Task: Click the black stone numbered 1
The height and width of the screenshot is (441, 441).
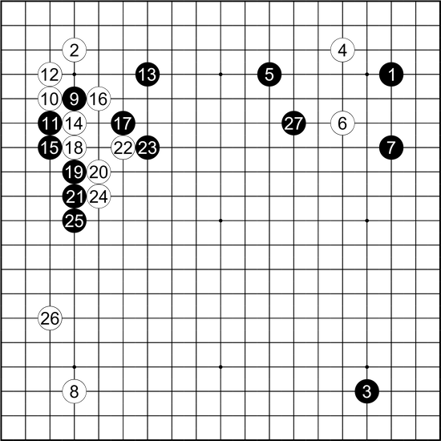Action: click(391, 75)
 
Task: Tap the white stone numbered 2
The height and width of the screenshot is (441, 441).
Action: click(75, 50)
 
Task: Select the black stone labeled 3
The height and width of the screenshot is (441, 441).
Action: click(366, 391)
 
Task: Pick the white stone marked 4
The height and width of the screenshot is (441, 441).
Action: click(342, 50)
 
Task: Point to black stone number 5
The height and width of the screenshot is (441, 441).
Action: click(269, 75)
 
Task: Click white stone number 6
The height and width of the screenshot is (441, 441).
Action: click(342, 123)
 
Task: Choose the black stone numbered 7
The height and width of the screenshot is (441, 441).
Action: click(391, 148)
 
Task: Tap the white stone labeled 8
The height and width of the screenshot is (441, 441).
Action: click(75, 391)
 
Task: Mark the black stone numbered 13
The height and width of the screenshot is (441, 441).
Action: click(148, 75)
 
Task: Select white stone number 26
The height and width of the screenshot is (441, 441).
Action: click(50, 318)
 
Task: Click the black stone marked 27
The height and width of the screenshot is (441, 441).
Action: click(293, 123)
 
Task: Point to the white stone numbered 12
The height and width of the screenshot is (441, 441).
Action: click(50, 75)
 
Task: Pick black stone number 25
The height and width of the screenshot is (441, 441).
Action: click(75, 220)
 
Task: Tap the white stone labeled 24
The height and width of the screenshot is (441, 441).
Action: click(99, 196)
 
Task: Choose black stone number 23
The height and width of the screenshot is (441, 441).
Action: click(148, 148)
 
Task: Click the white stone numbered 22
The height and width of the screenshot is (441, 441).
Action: click(123, 148)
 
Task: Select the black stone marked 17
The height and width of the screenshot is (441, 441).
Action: click(123, 123)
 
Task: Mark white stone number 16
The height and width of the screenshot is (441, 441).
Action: click(99, 99)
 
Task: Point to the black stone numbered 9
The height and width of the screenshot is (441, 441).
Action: click(75, 99)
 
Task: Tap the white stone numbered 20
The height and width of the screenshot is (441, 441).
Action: click(99, 172)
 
